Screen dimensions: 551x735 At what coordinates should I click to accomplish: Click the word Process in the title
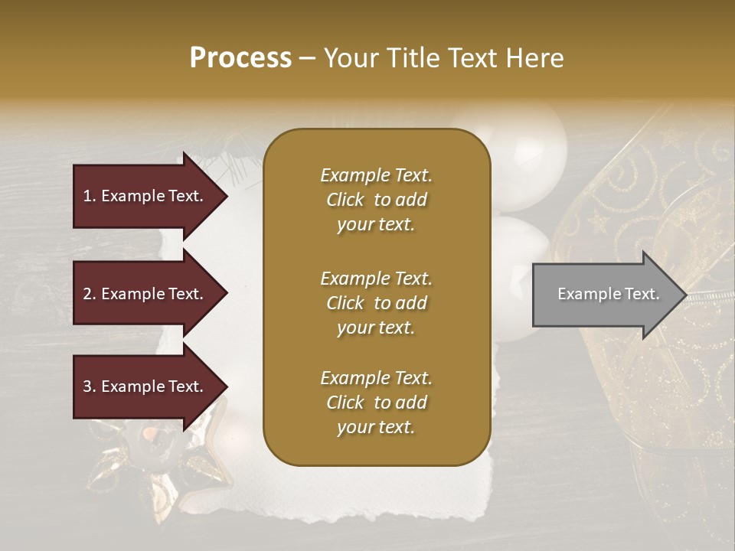click(240, 58)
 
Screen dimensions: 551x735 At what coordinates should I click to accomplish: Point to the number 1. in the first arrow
click(90, 196)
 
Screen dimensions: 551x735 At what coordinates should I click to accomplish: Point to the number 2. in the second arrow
click(90, 294)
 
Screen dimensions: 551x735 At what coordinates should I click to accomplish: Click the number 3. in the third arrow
click(90, 386)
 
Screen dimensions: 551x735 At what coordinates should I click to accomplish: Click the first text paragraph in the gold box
click(376, 200)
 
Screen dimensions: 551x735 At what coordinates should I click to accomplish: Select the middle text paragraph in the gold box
click(376, 302)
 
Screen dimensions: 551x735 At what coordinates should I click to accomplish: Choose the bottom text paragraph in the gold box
click(376, 403)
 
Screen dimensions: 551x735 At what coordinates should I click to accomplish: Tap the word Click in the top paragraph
click(345, 201)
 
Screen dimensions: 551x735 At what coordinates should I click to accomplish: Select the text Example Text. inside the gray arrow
click(608, 294)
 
